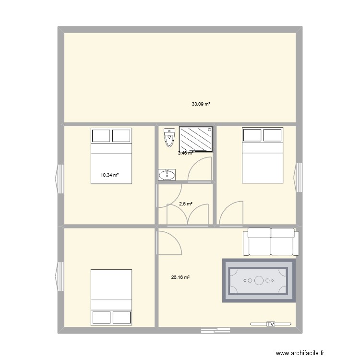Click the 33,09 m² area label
(x=202, y=104)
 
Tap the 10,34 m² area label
(x=109, y=175)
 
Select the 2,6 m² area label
(x=186, y=204)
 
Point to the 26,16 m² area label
(x=180, y=277)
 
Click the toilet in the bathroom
(x=168, y=137)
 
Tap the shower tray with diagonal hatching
(x=196, y=139)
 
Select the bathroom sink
(x=167, y=175)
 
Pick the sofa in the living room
(x=271, y=241)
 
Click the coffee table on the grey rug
(x=258, y=280)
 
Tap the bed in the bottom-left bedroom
(x=111, y=297)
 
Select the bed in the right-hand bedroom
(x=262, y=155)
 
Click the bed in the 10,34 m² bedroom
(x=111, y=155)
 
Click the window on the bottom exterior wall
(x=216, y=330)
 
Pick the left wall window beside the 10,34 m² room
(x=60, y=179)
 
